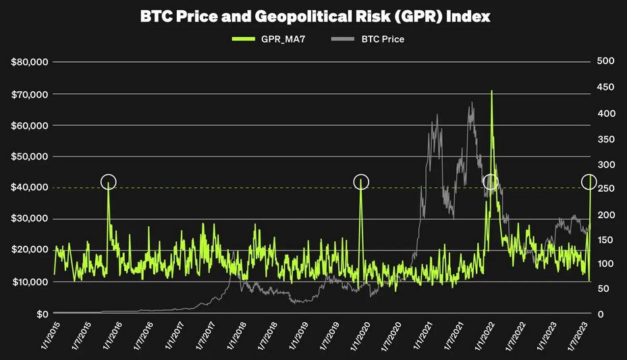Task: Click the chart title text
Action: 315,16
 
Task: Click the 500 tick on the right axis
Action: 605,62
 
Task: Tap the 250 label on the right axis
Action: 605,188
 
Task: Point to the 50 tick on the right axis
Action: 602,288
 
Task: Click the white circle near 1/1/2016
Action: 109,182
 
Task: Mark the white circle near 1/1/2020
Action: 361,182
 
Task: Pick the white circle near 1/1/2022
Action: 491,182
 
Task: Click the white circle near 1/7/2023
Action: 589,182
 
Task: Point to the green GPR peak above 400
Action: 491,92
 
